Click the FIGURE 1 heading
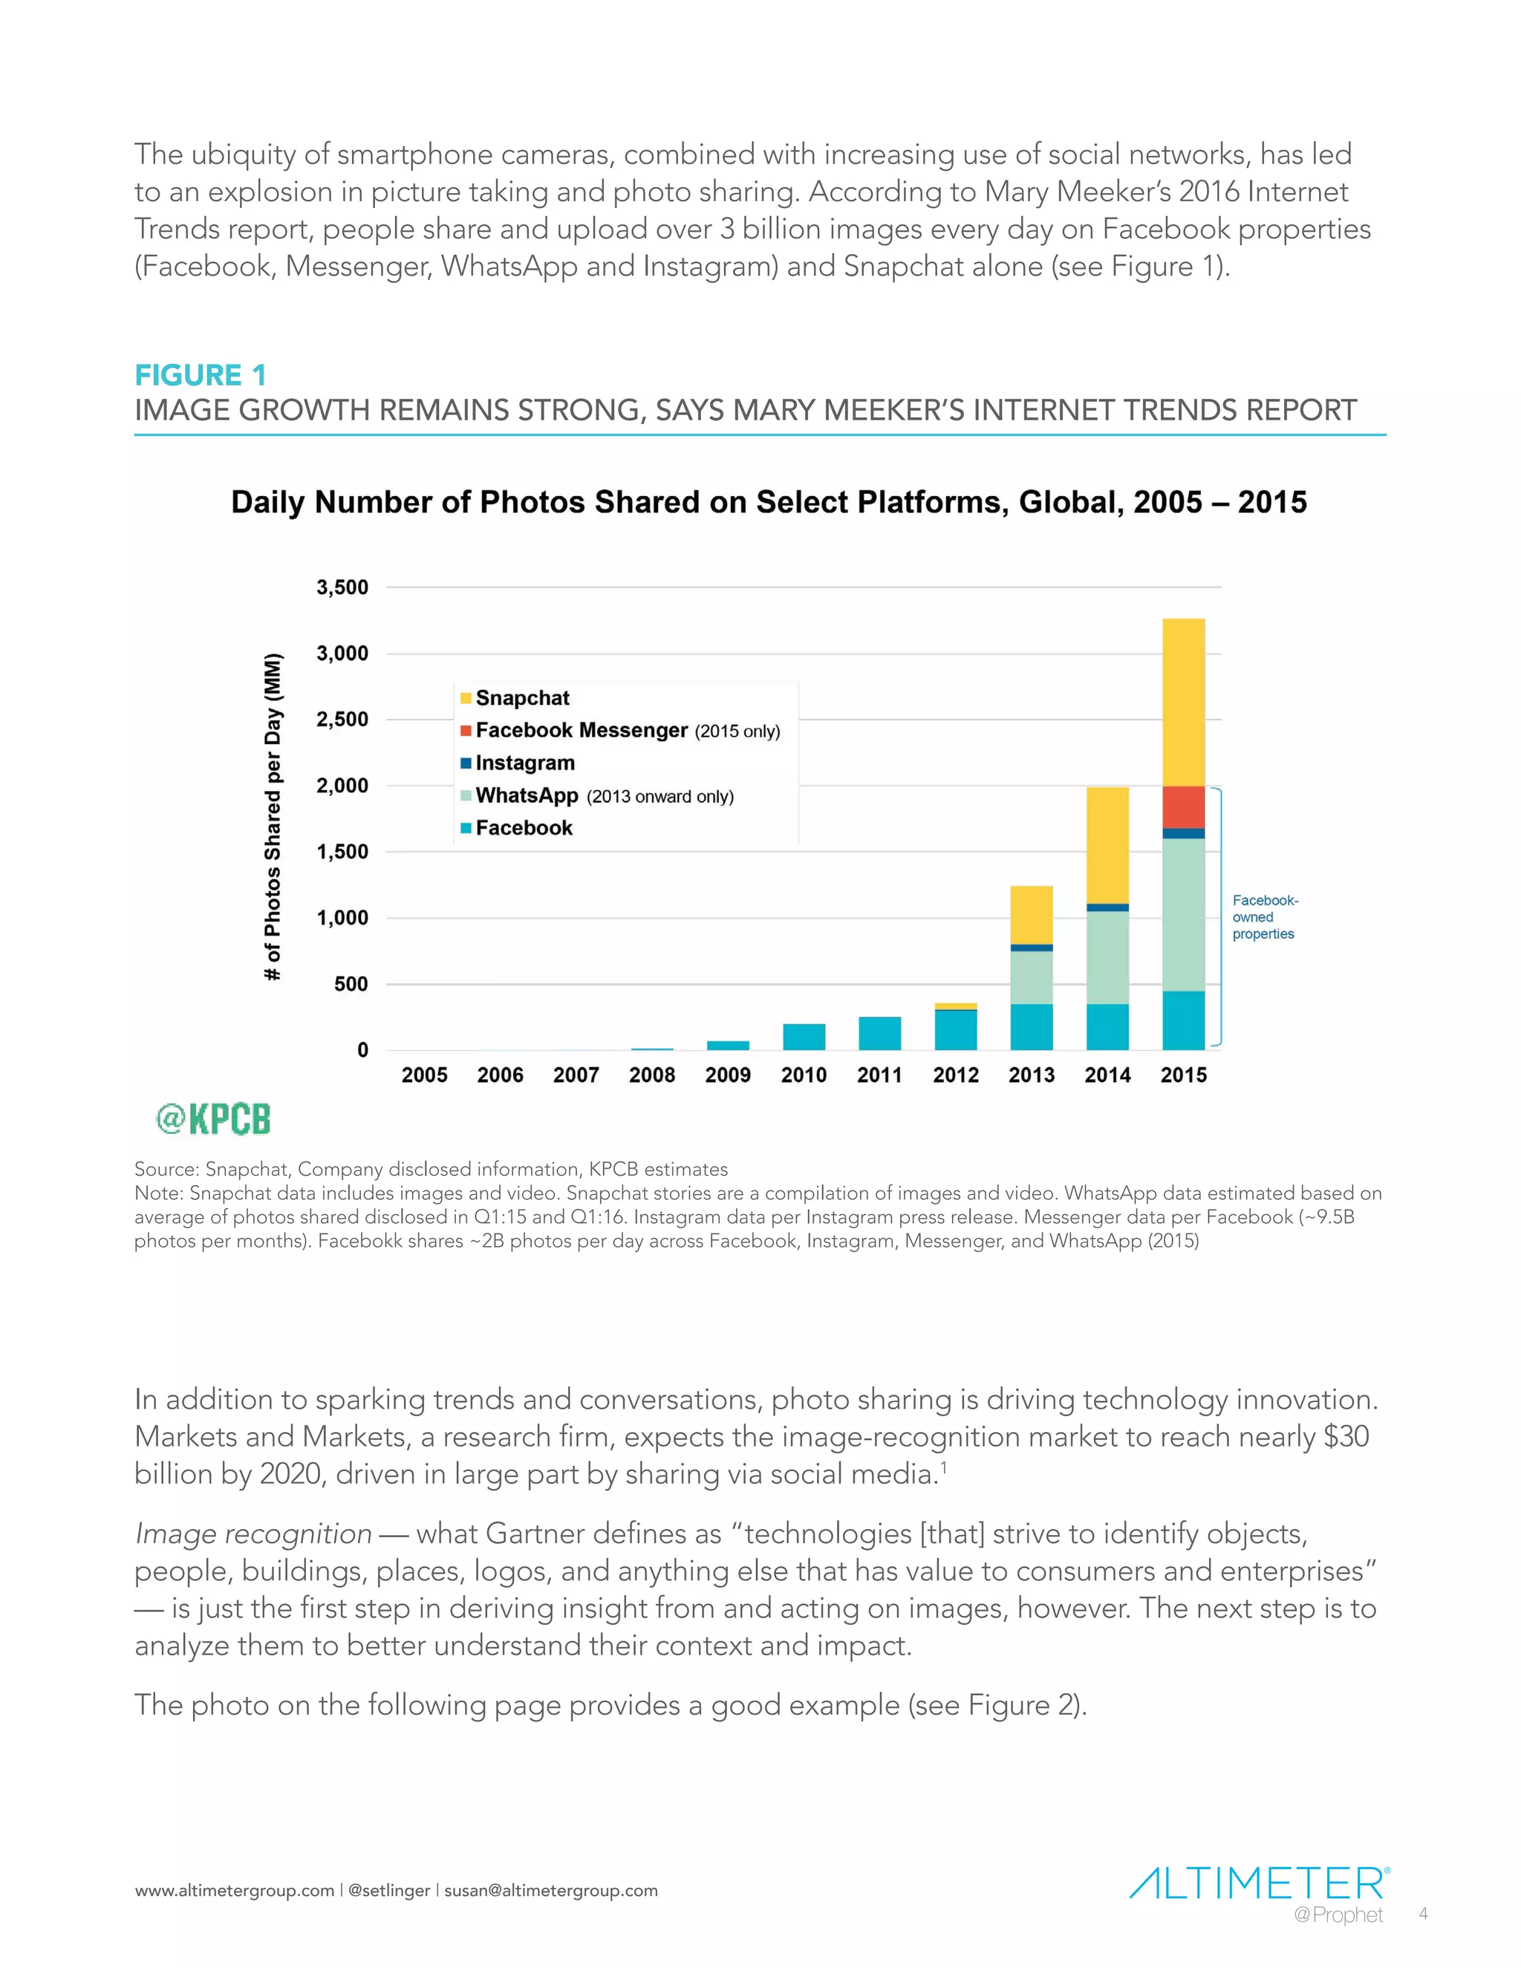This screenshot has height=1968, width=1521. pos(200,375)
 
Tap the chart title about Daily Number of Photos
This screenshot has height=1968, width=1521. pos(768,502)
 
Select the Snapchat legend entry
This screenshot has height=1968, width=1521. pos(521,698)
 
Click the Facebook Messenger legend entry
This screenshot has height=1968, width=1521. pos(582,731)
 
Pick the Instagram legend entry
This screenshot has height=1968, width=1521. pos(524,763)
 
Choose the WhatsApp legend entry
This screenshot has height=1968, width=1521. pos(527,795)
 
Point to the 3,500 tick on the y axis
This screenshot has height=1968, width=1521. pos(342,587)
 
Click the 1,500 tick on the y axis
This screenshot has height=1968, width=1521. pos(342,852)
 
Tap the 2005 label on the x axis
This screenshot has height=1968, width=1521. pos(424,1075)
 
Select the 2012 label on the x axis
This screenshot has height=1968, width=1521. pos(955,1075)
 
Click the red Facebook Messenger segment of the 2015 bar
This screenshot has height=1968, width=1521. pos(1183,807)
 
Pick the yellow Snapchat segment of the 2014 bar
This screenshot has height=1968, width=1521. pos(1107,845)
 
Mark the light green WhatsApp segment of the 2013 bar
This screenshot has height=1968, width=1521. pos(1032,978)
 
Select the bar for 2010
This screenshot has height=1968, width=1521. pos(804,1037)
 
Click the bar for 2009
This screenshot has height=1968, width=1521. pos(728,1046)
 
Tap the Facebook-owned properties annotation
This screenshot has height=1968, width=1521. pos(1264,917)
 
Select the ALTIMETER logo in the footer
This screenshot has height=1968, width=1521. pos(1258,1883)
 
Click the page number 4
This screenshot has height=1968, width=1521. pos(1424,1914)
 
